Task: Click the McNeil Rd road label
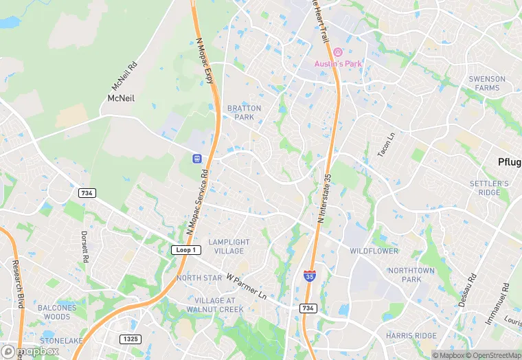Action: (124, 78)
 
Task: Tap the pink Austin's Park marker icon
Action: (338, 53)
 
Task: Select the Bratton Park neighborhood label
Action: (244, 113)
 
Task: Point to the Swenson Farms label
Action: (487, 83)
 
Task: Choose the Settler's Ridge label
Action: (489, 188)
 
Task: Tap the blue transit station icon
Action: (196, 159)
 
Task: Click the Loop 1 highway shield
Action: (186, 250)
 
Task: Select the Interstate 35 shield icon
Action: (310, 276)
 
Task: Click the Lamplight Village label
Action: (229, 247)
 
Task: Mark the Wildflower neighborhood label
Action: (374, 251)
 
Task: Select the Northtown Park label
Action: (411, 275)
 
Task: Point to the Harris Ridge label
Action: (411, 335)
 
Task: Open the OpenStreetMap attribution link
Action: (494, 355)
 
